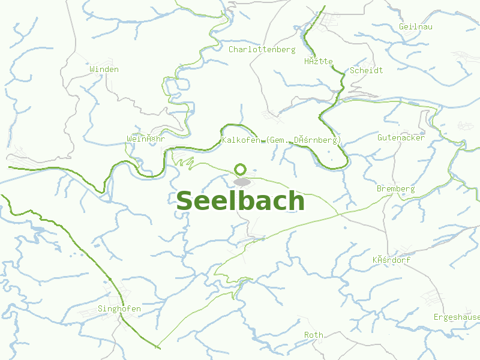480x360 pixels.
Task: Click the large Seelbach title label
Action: [x=240, y=201]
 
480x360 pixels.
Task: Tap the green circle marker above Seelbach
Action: [x=241, y=169]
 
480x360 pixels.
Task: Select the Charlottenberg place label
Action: [x=262, y=49]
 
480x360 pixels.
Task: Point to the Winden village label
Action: [x=104, y=69]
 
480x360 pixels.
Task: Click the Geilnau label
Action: [x=415, y=27]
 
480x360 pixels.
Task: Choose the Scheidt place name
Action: [x=366, y=70]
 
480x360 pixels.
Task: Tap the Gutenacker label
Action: [x=401, y=137]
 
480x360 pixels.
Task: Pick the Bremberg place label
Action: [x=395, y=188]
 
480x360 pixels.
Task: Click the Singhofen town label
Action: [x=119, y=309]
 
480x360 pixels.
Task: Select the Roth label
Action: [x=313, y=335]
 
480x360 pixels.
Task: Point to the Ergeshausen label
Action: [x=457, y=317]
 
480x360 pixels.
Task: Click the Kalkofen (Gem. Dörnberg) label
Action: [x=281, y=140]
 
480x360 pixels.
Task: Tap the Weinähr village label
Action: [x=145, y=139]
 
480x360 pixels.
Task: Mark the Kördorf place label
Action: [x=391, y=260]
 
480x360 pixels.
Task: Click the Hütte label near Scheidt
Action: [x=318, y=61]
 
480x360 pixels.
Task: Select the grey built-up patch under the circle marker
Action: [x=242, y=181]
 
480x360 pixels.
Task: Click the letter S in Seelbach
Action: [x=184, y=202]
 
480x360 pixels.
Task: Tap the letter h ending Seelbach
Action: [x=296, y=200]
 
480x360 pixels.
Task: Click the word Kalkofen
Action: [x=241, y=140]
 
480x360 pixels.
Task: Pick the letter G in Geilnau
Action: [x=401, y=27]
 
